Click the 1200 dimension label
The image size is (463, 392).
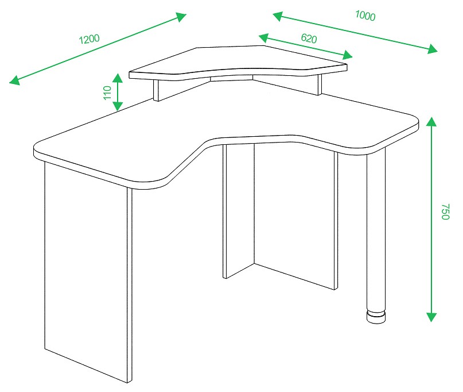click(x=89, y=39)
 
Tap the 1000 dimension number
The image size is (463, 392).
click(x=365, y=16)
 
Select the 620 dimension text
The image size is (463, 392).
click(x=309, y=39)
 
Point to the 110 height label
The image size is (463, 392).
click(x=107, y=93)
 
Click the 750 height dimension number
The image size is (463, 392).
click(x=445, y=212)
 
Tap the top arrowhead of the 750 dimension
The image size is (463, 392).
click(x=431, y=122)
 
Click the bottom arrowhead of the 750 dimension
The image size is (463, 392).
click(x=431, y=317)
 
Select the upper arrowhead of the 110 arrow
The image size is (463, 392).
click(x=118, y=78)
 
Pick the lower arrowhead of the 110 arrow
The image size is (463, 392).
click(x=118, y=106)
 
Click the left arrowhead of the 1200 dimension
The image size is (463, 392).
click(x=15, y=80)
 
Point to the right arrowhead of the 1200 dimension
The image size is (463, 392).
click(x=181, y=17)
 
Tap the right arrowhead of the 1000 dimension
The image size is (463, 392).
click(x=432, y=49)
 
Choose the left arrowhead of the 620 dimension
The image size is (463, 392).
click(x=264, y=37)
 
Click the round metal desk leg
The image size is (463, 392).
click(x=376, y=230)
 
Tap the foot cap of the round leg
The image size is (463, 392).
click(x=376, y=317)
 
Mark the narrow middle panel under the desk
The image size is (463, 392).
click(x=239, y=210)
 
